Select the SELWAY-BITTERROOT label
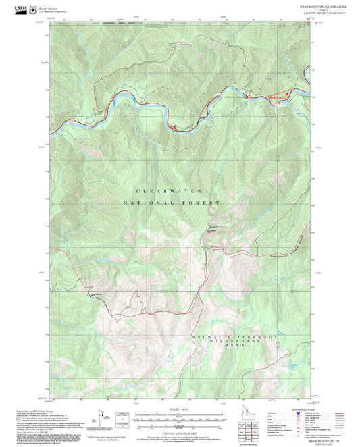[223, 336]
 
